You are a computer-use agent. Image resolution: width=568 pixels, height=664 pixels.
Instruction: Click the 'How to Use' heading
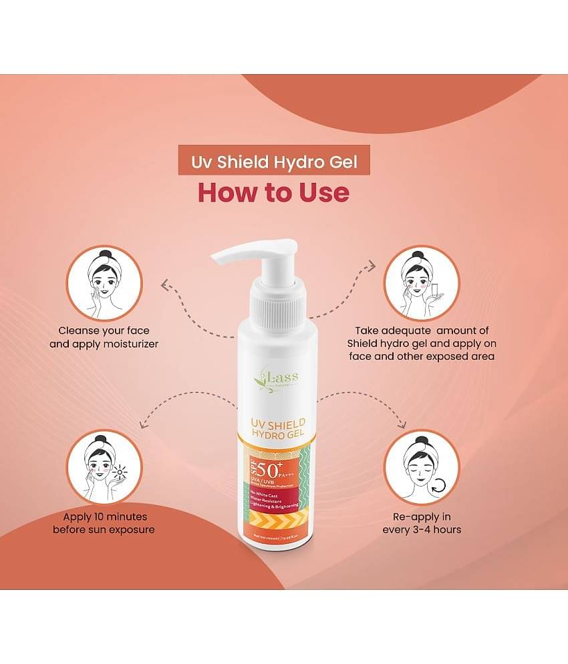tap(273, 192)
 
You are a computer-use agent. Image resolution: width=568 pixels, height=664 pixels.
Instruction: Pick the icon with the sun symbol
tap(105, 466)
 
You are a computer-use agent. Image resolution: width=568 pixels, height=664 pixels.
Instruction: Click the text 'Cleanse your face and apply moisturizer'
tap(104, 338)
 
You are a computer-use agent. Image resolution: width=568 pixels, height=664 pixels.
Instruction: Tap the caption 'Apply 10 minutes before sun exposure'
tap(104, 523)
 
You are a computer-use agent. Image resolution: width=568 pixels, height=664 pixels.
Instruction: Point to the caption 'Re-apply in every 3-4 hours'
tap(422, 523)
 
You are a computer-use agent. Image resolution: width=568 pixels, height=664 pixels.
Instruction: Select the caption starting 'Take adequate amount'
tap(422, 344)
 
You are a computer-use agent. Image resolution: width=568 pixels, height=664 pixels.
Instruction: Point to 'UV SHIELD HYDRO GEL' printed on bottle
tap(278, 430)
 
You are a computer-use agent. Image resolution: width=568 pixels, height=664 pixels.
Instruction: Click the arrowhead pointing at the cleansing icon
tap(164, 286)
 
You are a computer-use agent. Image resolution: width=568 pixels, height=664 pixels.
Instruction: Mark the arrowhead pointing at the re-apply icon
tap(402, 425)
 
